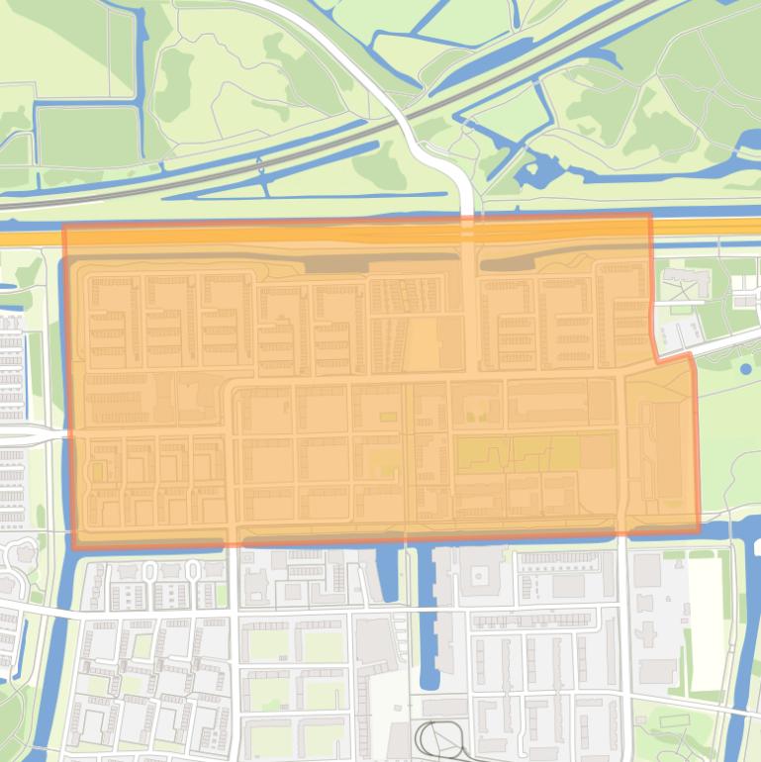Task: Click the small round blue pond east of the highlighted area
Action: tap(745, 369)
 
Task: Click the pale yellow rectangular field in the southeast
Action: tap(707, 623)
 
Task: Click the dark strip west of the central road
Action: tap(336, 265)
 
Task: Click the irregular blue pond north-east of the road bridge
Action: tap(539, 174)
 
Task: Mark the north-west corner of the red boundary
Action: tap(64, 227)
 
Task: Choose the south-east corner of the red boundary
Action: tap(699, 530)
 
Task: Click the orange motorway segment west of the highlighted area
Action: tap(30, 238)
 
